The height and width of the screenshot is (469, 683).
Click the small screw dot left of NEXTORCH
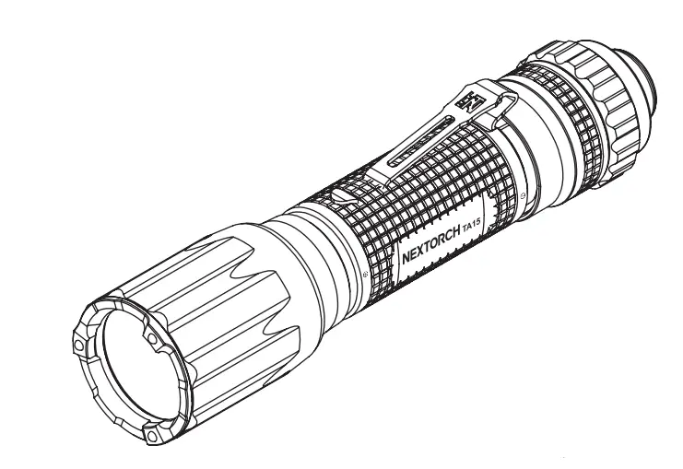point(369,275)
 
